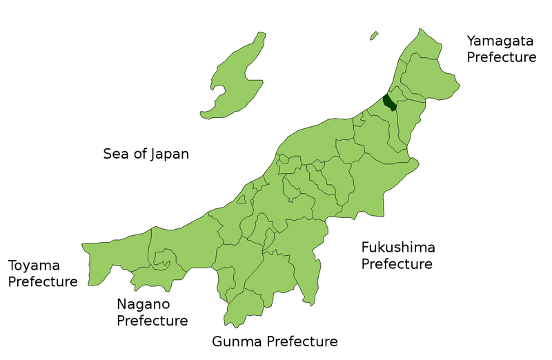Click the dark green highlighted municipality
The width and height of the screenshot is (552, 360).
390,103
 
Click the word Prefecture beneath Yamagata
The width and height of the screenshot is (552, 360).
502,57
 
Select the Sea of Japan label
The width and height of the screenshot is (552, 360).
146,153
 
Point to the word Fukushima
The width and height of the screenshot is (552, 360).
398,247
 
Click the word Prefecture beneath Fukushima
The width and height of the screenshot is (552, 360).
397,263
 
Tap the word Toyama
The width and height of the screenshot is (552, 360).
34,266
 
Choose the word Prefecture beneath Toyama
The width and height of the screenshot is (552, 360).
42,282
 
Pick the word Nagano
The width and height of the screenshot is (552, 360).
143,304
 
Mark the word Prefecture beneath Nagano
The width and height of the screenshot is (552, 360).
152,321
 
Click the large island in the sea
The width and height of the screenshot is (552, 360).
238,76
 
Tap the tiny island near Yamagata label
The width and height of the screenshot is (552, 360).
374,35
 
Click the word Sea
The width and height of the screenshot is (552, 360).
115,153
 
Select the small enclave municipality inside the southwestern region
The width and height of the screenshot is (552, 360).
163,260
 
